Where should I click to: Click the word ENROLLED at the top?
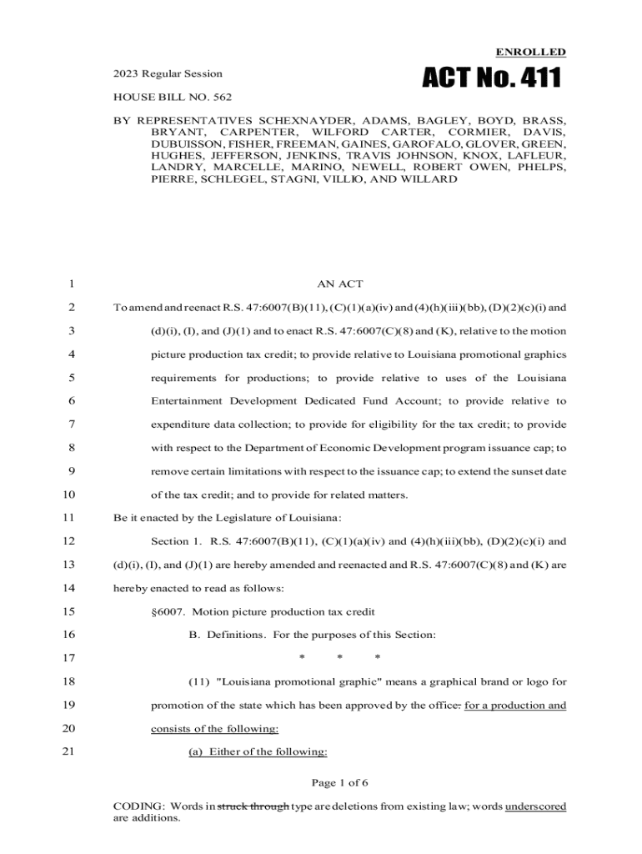531,52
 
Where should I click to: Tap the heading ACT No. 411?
491,80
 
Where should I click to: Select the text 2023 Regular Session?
168,73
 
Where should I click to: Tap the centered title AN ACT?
339,285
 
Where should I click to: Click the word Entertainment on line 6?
188,401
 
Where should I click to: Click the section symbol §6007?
169,611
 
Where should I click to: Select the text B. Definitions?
227,635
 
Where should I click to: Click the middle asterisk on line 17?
339,659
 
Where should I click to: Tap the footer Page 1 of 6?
339,782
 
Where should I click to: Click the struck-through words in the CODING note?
253,806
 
